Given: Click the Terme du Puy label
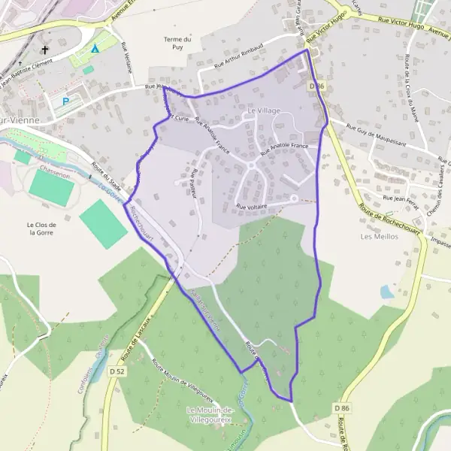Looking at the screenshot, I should coord(177,43).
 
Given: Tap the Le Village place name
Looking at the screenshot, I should coord(263,110).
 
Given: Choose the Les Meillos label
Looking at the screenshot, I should coord(377,236).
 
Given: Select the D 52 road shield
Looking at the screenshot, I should coord(116,371).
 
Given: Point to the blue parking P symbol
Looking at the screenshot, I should coord(66,101).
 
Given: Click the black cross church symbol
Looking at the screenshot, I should coord(45,51).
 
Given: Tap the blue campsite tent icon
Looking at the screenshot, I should coord(95,49).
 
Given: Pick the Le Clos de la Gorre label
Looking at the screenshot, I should coord(42,229).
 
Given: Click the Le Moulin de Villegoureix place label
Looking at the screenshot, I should coord(210,414).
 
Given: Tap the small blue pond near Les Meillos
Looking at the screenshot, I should coord(386,292).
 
